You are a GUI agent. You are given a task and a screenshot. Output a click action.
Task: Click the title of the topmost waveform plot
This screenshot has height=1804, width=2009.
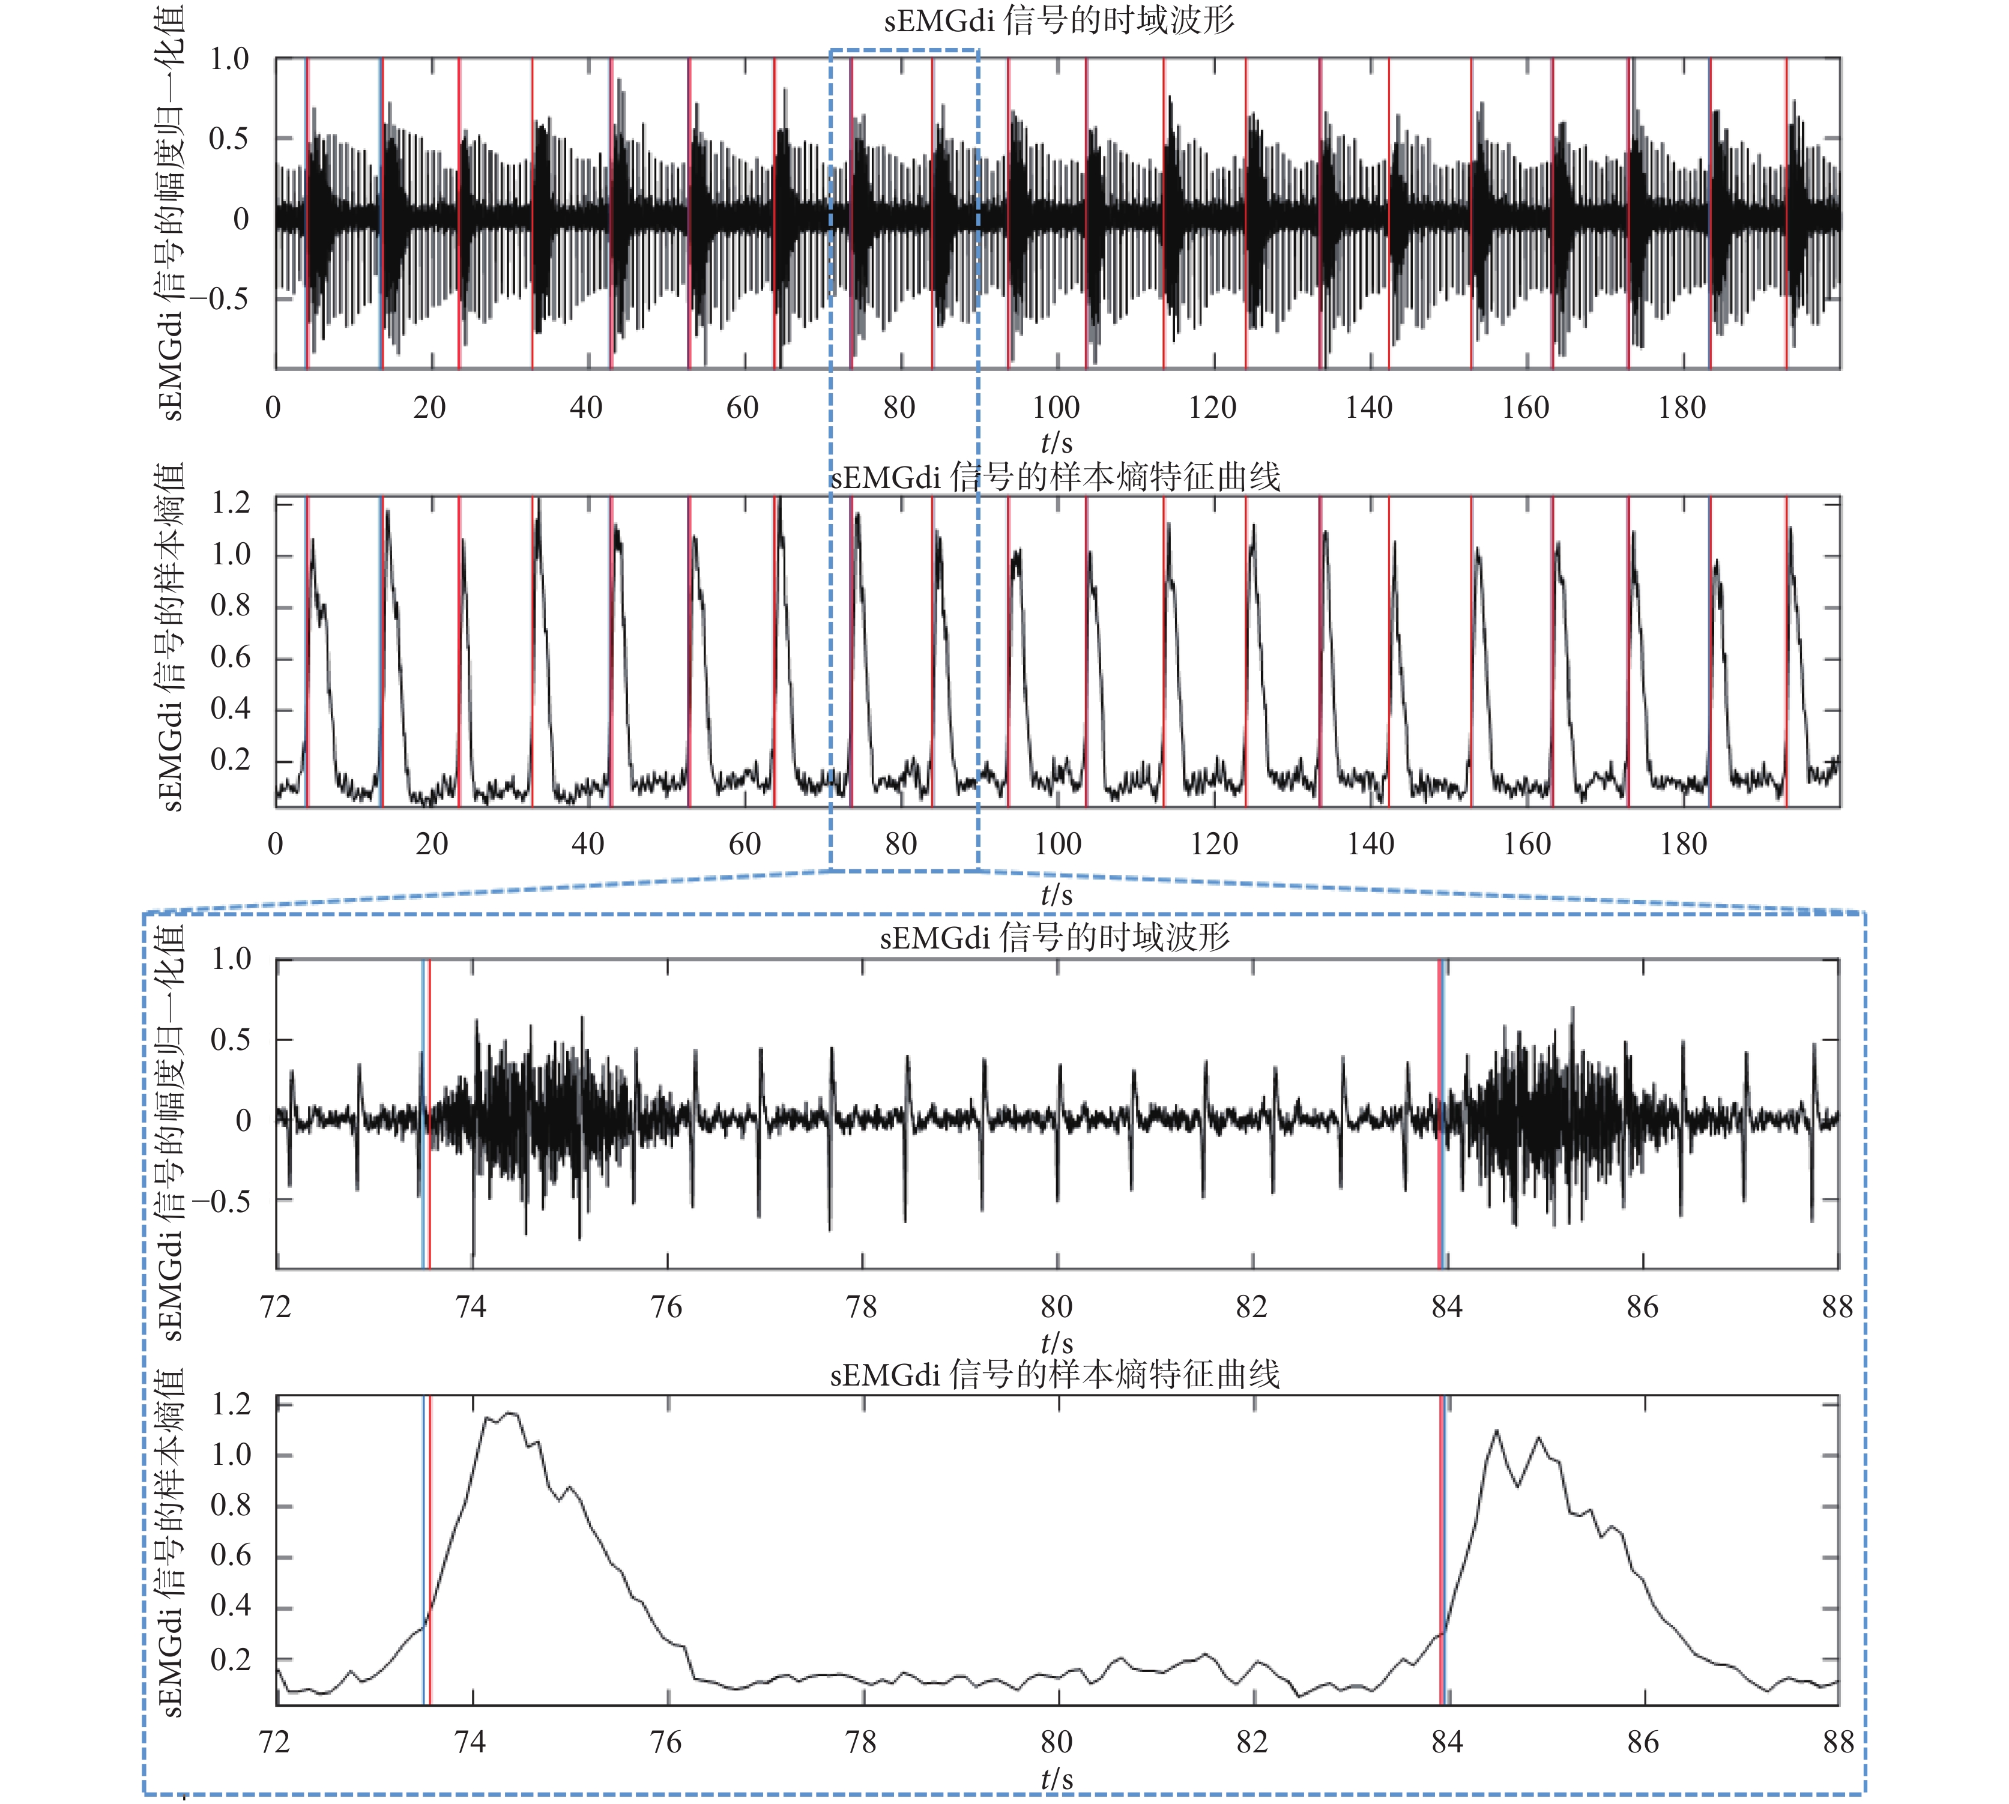coord(1059,21)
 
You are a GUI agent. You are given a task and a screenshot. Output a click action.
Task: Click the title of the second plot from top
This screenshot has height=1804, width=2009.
coord(1054,478)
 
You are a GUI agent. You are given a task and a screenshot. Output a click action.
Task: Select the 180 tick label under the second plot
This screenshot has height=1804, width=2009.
coord(1683,845)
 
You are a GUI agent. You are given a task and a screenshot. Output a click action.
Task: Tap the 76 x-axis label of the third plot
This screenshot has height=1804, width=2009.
coord(666,1308)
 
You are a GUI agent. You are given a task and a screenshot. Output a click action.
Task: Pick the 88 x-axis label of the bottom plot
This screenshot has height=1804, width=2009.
coord(1837,1743)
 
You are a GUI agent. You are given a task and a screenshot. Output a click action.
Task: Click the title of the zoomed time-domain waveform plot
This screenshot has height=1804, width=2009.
coord(1054,937)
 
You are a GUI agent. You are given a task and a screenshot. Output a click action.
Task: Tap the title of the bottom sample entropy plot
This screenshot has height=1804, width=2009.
coord(1054,1375)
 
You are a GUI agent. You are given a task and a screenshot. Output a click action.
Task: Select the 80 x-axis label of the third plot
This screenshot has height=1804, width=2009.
coord(1057,1308)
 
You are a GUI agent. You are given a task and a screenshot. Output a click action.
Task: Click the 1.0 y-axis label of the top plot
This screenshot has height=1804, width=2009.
coord(229,59)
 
